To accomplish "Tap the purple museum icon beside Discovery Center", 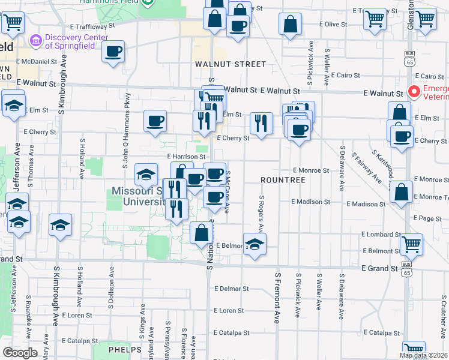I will [35, 41].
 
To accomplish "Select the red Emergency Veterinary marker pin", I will [414, 92].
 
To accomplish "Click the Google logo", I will [20, 353].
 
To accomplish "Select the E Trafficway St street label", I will [92, 27].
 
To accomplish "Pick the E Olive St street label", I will [334, 24].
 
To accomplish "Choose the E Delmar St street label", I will [231, 289].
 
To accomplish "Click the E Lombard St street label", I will [381, 235].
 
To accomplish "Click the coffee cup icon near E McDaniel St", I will [113, 52].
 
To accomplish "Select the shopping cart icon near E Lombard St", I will [411, 244].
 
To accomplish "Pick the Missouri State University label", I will [138, 197].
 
